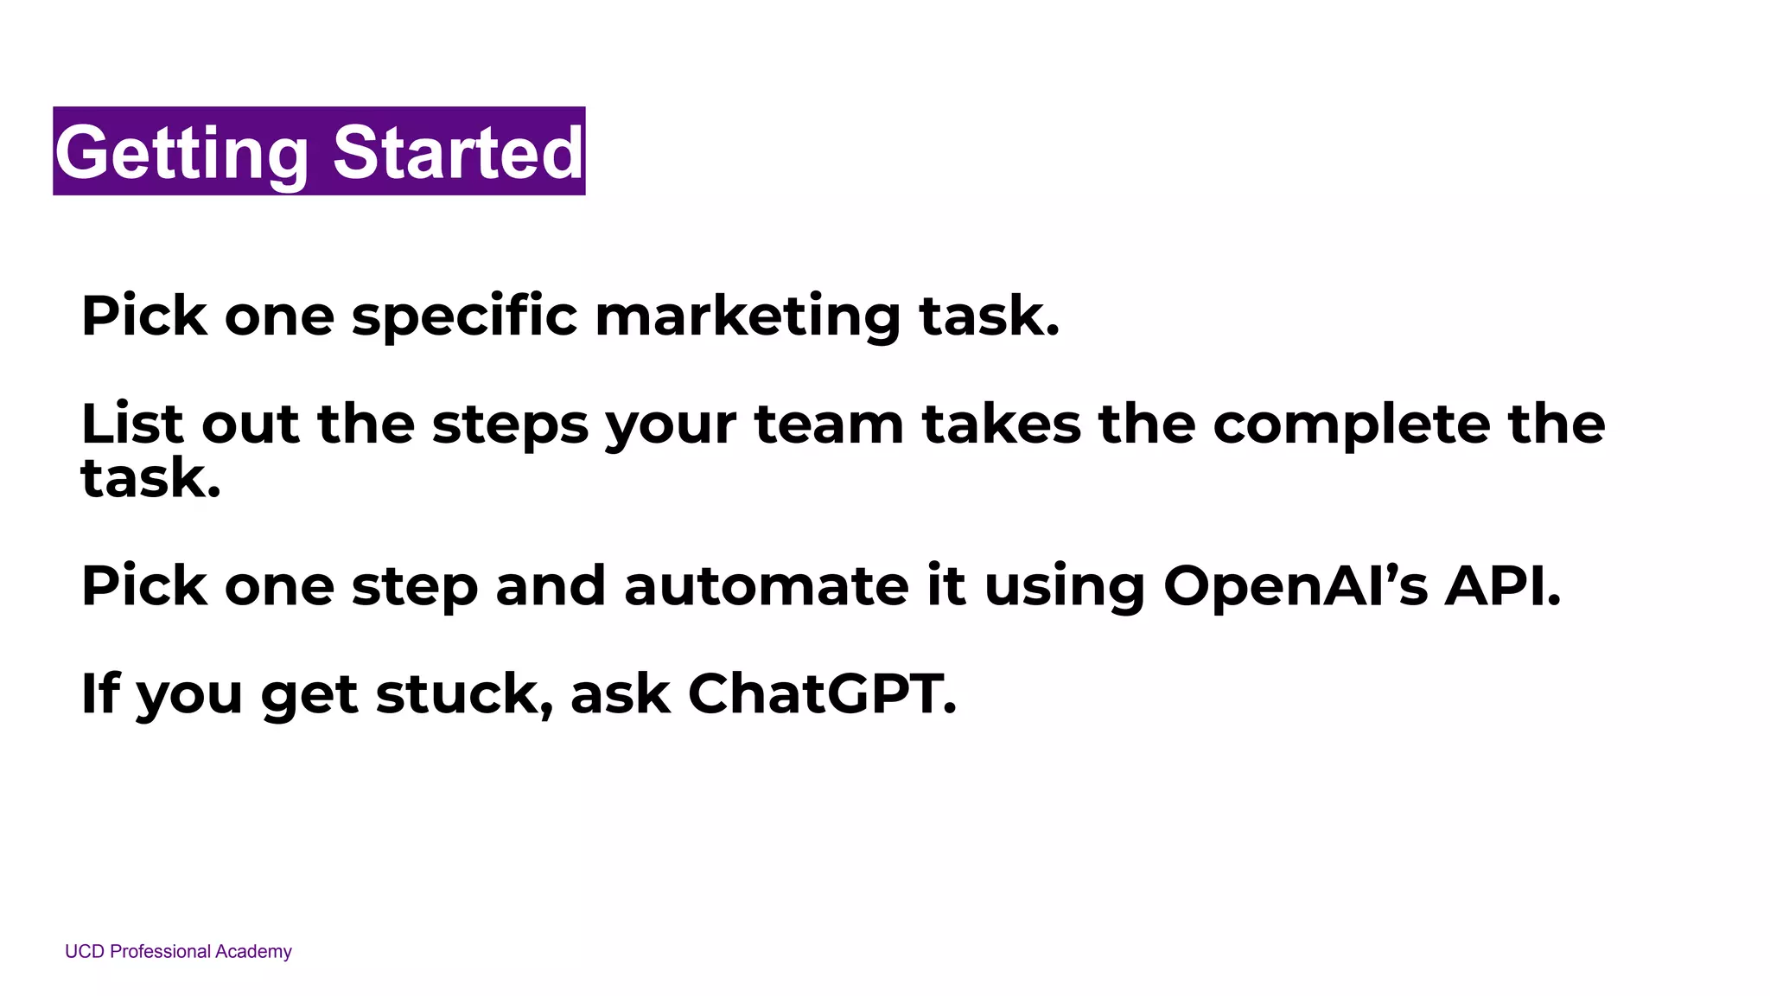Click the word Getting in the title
tap(181, 152)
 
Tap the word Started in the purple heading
tap(458, 152)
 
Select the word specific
tap(464, 316)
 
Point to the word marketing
tap(748, 316)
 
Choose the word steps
tap(510, 425)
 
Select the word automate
tap(766, 586)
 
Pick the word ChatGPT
tap(822, 693)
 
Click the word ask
tap(621, 693)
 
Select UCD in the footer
tap(85, 952)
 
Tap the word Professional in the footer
tap(161, 952)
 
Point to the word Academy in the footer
tap(253, 952)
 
